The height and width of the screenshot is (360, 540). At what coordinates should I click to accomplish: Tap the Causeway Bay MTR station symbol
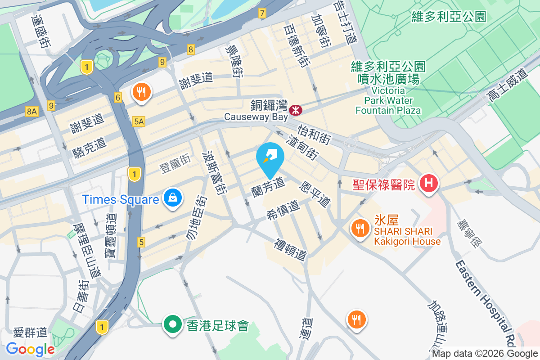[296, 109]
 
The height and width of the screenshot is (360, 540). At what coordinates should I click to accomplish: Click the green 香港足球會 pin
[172, 324]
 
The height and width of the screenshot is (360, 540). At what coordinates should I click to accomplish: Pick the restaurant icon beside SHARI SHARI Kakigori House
[359, 228]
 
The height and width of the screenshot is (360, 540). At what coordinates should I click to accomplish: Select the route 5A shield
[139, 121]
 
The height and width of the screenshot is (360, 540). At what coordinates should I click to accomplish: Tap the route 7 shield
[262, 13]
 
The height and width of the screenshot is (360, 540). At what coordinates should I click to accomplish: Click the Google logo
[30, 349]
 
